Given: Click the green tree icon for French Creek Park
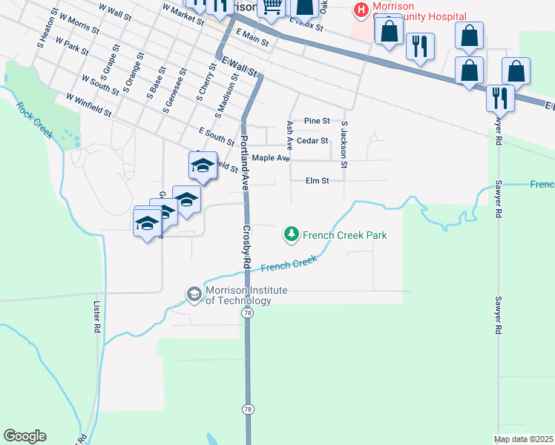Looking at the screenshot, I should pos(292,235).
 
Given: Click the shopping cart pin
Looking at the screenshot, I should pos(272,7).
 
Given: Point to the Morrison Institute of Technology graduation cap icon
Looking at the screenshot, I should pos(194,294).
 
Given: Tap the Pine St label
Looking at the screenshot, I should pos(317,121).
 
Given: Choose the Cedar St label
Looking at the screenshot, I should pos(312,140).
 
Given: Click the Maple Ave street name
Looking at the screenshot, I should pos(270,158).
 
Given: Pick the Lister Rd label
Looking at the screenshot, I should pos(96,316).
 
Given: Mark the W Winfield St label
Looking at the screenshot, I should pos(88,105).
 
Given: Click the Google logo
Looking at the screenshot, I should pos(24,436).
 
